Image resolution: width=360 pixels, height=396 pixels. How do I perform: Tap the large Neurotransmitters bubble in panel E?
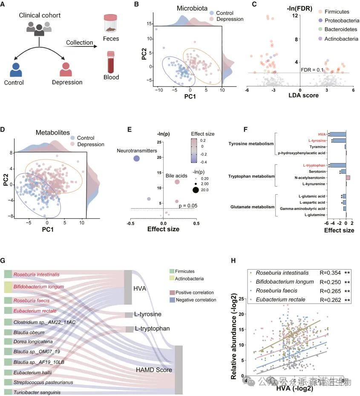(137, 158)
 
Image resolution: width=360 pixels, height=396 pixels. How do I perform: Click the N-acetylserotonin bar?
(348, 177)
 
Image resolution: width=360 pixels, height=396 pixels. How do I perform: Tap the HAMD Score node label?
(153, 370)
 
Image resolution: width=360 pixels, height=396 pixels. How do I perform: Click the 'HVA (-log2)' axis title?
(295, 389)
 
